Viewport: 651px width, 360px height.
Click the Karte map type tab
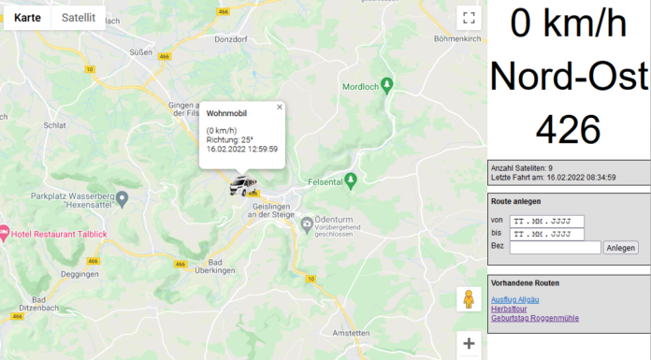pos(27,18)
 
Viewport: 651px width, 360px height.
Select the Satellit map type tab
pos(79,18)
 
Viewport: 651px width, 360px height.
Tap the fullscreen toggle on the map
pos(469,18)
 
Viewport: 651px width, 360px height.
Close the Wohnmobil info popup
pos(279,107)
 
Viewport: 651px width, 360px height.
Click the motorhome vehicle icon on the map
pos(244,186)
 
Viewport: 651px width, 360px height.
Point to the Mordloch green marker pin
pos(392,85)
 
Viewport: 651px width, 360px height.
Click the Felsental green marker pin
pos(351,179)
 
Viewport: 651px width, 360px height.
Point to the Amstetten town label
pos(352,332)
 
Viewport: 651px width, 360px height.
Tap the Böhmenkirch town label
pos(457,38)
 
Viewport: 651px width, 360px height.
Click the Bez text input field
pos(555,247)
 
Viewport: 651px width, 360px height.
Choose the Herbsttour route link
pos(508,309)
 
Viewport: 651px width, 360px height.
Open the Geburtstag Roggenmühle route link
pos(534,318)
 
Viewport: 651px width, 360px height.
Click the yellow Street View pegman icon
pos(469,299)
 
